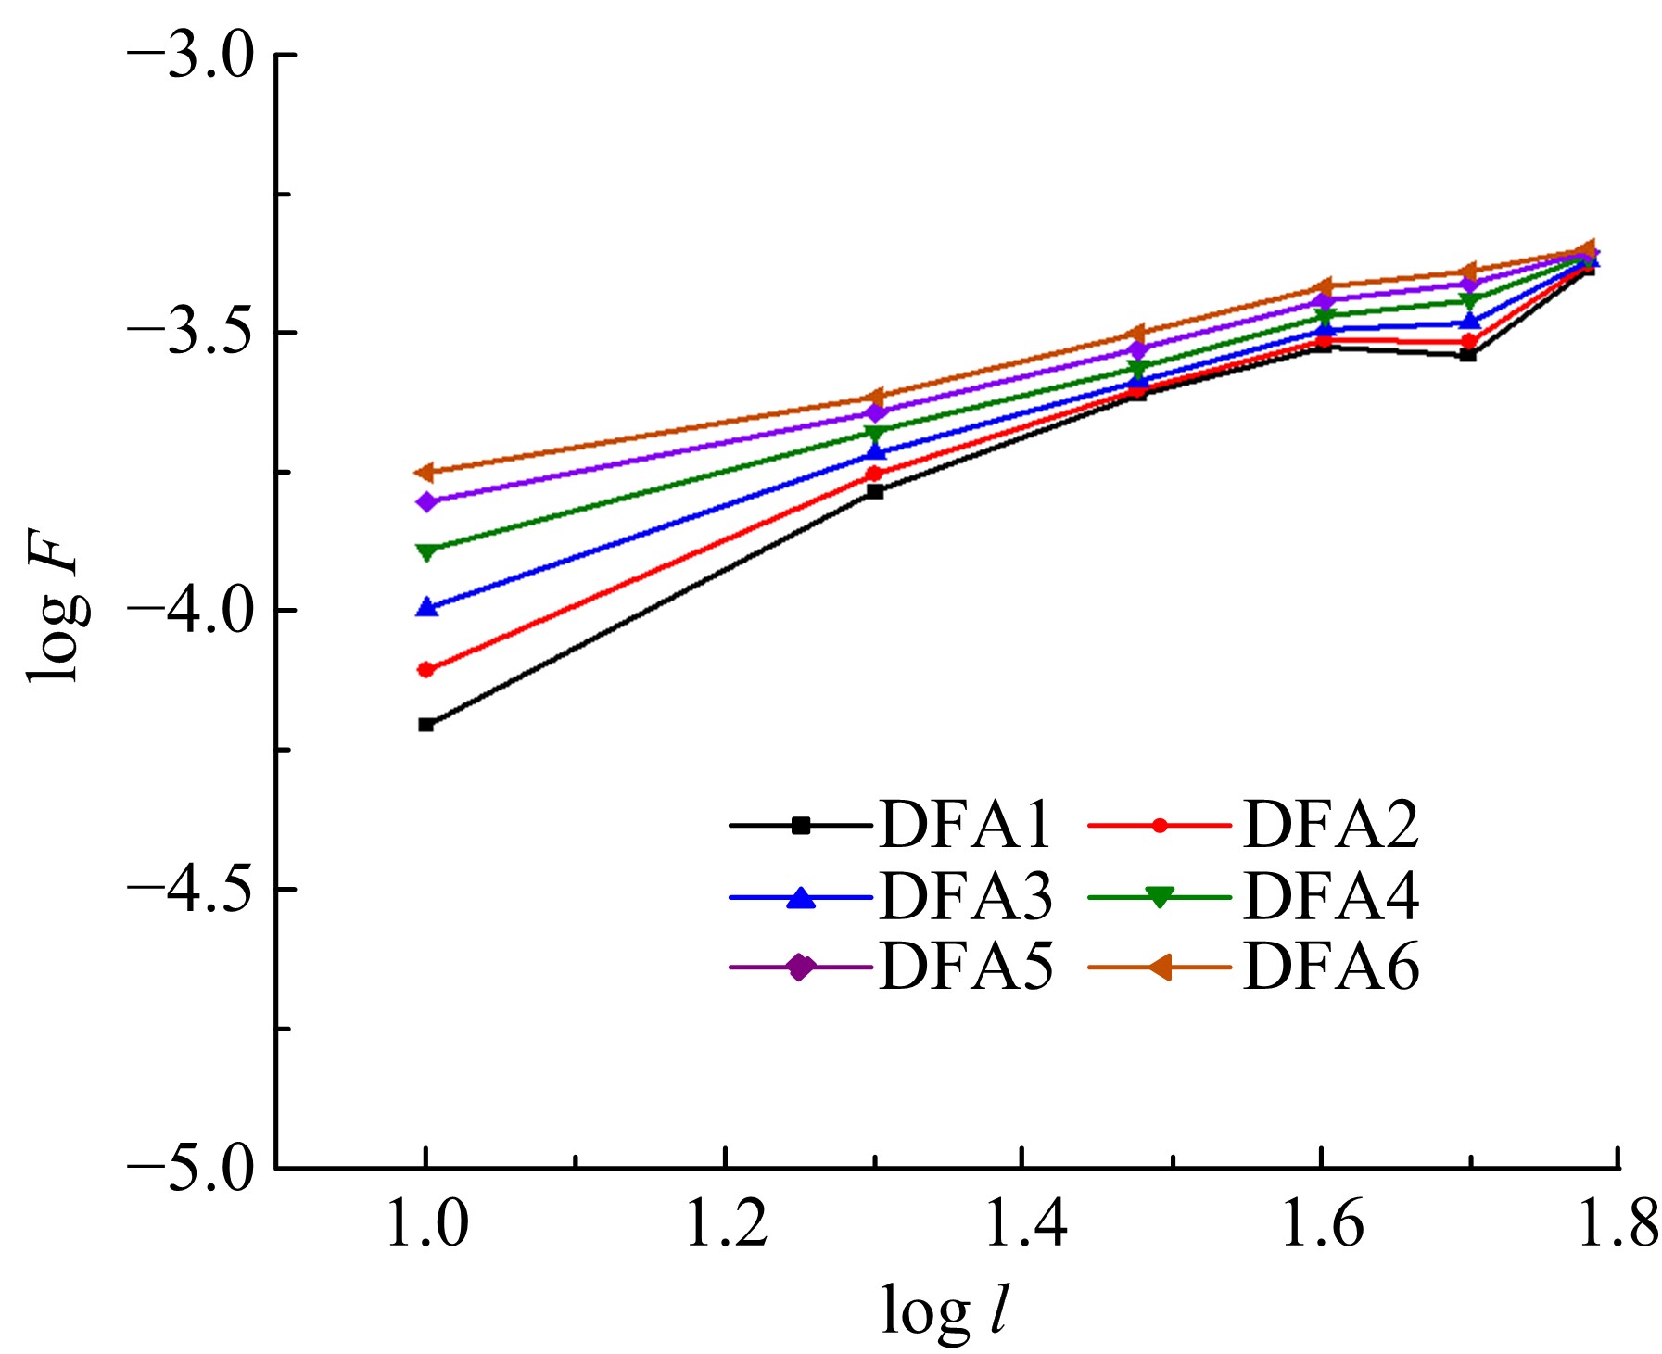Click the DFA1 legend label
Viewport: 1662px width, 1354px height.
click(x=965, y=824)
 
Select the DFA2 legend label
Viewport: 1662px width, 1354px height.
click(x=1330, y=824)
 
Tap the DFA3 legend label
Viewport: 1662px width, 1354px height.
click(x=965, y=895)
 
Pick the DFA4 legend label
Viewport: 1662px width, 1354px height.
click(x=1330, y=895)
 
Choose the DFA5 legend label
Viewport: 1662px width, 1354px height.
click(x=965, y=967)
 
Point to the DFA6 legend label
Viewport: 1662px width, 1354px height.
click(x=1330, y=967)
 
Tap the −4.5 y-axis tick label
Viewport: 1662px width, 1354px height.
click(x=190, y=890)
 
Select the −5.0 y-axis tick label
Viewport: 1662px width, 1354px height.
click(x=190, y=1168)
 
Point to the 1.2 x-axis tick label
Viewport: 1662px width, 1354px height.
click(x=726, y=1224)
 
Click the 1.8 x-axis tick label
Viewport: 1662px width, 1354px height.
click(x=1617, y=1224)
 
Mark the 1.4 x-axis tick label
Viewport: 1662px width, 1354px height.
click(x=1022, y=1224)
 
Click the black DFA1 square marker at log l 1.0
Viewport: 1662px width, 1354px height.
click(x=426, y=725)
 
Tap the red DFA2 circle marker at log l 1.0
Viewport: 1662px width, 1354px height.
click(x=426, y=669)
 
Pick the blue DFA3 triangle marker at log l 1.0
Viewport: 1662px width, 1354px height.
click(x=426, y=608)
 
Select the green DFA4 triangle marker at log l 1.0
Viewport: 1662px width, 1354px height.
click(x=426, y=552)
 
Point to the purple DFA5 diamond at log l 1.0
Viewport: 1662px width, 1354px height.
click(x=426, y=502)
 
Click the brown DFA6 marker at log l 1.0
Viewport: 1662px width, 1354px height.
click(x=425, y=473)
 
